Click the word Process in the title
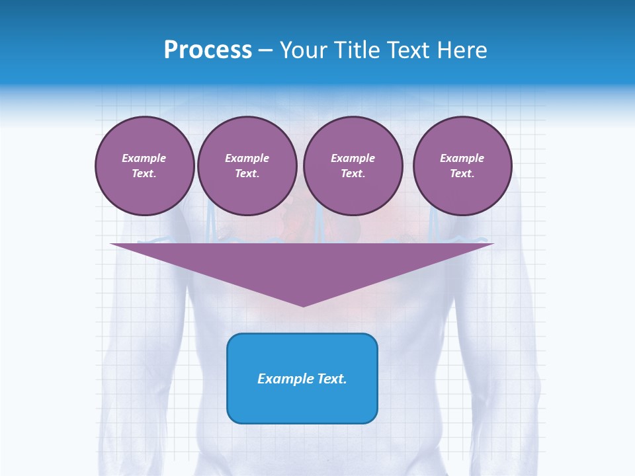pyautogui.click(x=208, y=50)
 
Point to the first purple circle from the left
pyautogui.click(x=144, y=166)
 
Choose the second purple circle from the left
pyautogui.click(x=247, y=166)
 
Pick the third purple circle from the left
pyautogui.click(x=353, y=166)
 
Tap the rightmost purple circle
pyautogui.click(x=462, y=166)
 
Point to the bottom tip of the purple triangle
pyautogui.click(x=303, y=305)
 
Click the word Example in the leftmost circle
pyautogui.click(x=144, y=158)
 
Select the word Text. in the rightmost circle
pyautogui.click(x=462, y=174)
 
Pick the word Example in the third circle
pyautogui.click(x=353, y=158)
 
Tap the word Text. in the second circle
pyautogui.click(x=247, y=174)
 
